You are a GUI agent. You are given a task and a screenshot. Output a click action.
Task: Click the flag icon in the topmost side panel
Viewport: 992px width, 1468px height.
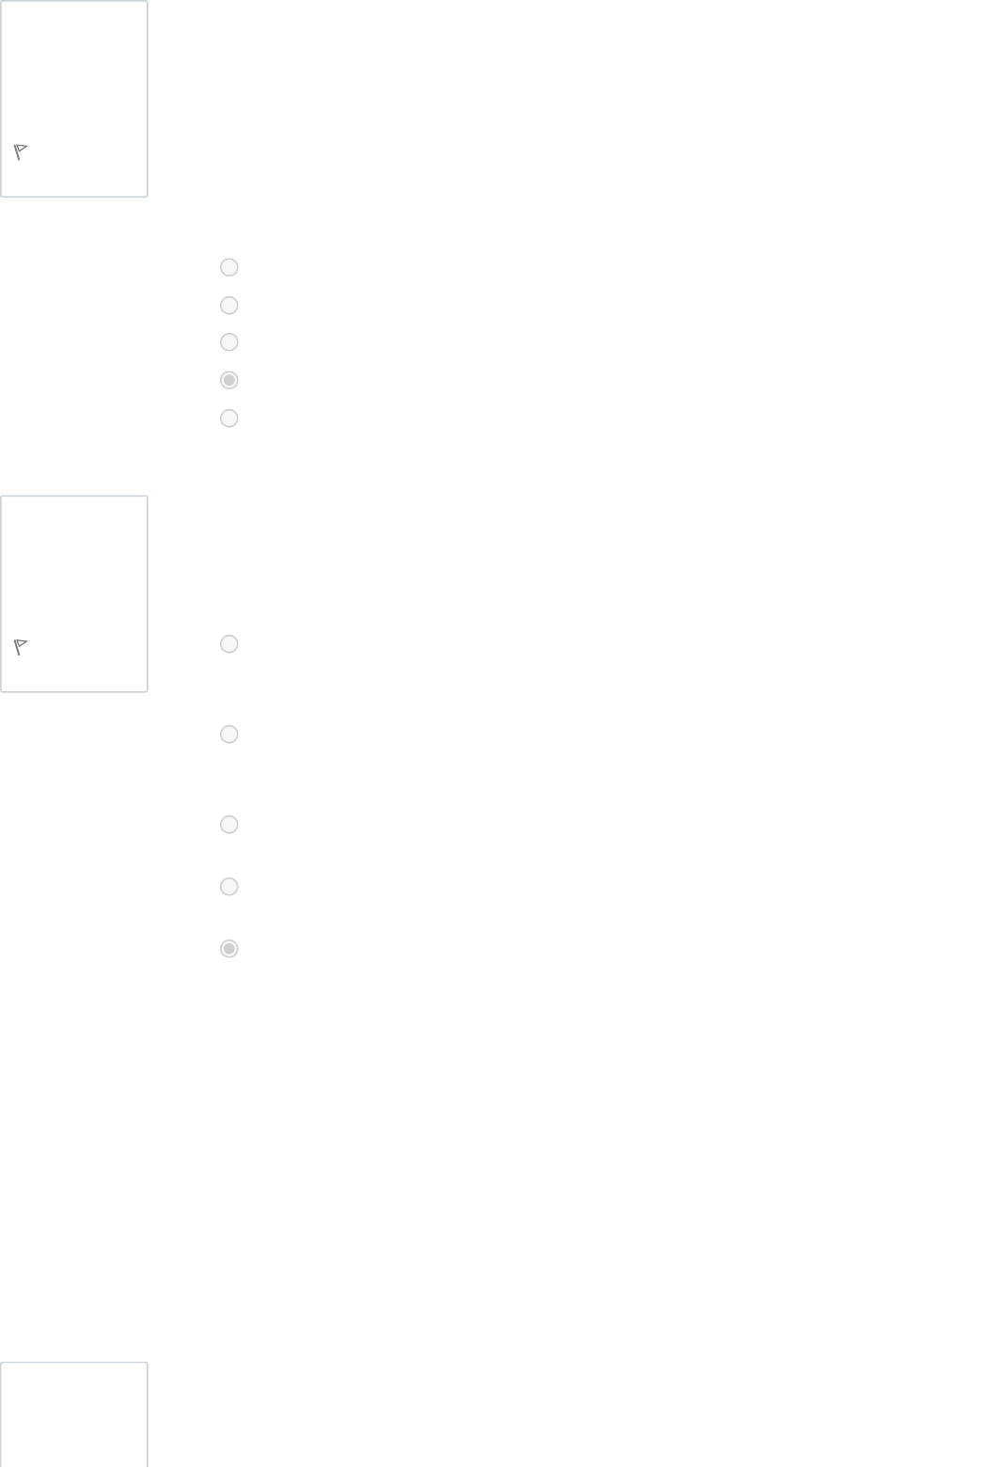tap(21, 151)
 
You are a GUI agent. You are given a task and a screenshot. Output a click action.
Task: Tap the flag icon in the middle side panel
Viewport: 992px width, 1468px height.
tap(21, 647)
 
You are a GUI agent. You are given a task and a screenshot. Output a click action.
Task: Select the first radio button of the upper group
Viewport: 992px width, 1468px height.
tap(228, 267)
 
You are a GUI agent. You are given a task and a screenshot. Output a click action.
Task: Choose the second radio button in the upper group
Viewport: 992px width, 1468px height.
tap(228, 306)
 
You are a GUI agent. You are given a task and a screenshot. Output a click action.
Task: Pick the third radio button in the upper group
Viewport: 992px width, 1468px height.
tap(228, 342)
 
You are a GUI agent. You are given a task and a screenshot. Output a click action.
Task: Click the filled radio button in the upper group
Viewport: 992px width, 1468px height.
tap(228, 380)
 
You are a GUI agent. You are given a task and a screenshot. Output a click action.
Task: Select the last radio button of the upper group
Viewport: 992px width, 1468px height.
tap(228, 418)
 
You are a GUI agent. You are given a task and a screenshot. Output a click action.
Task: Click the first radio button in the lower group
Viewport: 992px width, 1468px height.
tap(228, 644)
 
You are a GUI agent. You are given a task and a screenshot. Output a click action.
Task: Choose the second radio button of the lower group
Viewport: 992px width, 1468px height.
tap(228, 734)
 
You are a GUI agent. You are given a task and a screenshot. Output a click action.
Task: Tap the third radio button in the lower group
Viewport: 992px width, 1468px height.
tap(228, 825)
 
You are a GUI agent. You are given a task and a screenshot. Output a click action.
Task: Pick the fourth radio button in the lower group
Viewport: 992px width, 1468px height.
tap(228, 887)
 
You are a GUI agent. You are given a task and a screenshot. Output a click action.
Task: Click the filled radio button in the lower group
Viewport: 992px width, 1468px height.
tap(228, 949)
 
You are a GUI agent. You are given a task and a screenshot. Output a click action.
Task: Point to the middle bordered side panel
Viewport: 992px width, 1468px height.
tap(74, 574)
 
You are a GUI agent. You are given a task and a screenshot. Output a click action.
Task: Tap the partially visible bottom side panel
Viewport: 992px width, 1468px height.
tap(74, 1415)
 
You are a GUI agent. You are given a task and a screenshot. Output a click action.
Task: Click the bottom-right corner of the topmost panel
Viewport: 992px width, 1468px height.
tap(147, 196)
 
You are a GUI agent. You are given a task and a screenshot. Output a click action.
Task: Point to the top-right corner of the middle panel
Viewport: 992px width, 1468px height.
tap(147, 497)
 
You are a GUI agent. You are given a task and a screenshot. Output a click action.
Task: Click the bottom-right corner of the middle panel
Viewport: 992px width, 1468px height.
tap(147, 691)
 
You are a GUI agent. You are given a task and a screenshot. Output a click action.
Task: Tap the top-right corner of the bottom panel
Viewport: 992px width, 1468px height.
tap(147, 1364)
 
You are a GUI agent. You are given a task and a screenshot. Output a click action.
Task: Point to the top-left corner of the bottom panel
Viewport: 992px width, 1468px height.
tap(2, 1364)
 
